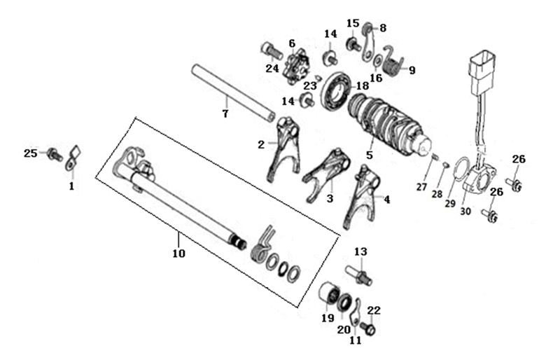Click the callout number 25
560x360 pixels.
[x=30, y=153]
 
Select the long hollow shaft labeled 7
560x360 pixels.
[x=233, y=92]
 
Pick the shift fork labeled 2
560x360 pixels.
[x=285, y=148]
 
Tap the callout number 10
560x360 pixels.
[x=179, y=254]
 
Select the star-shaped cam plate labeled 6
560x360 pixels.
[x=296, y=67]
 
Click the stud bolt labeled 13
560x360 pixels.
[x=358, y=275]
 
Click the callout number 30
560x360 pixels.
[x=465, y=212]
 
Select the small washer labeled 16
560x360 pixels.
[x=377, y=61]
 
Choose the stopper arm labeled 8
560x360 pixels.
[x=368, y=42]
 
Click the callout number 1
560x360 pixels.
[x=71, y=186]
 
